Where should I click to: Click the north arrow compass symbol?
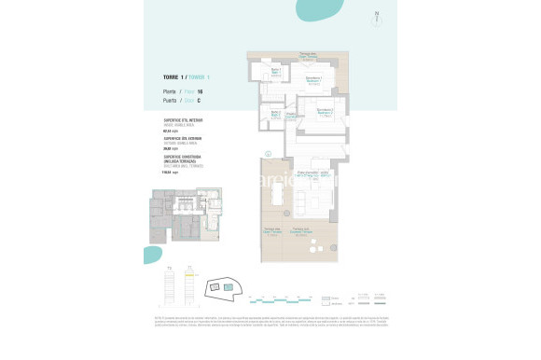[376, 18]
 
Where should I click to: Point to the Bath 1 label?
[277, 72]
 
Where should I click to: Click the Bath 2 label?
[276, 114]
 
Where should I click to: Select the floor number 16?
[201, 90]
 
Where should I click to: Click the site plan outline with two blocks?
[227, 287]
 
